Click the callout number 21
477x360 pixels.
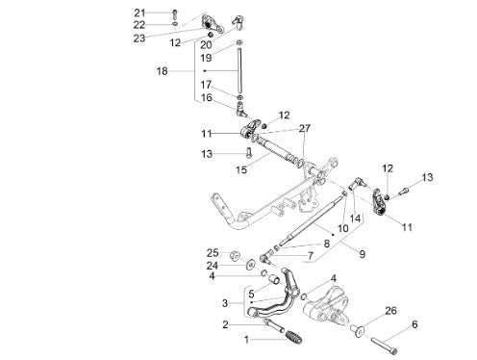coord(139,13)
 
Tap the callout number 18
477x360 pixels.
coord(162,71)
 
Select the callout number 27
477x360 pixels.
coord(305,128)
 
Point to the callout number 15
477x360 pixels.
coord(241,169)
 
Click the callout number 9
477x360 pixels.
coord(362,254)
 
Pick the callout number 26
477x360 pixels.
coord(390,311)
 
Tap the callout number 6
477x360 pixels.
coord(414,324)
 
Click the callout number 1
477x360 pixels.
coord(246,339)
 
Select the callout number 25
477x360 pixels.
coord(213,253)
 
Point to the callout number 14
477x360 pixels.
coord(355,219)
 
